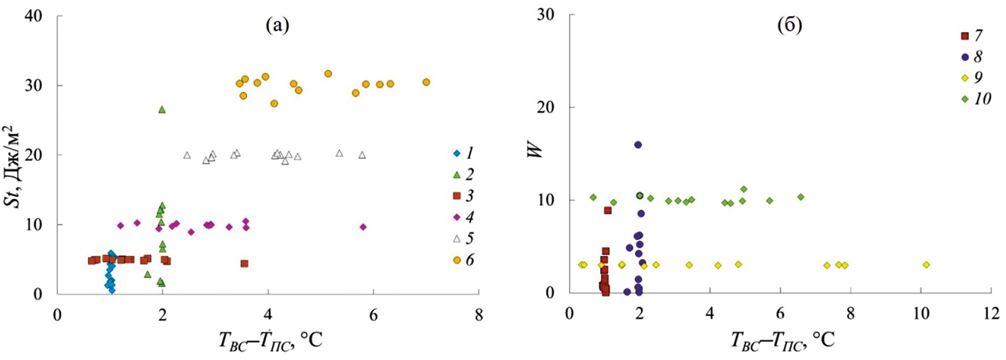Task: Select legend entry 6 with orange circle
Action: pyautogui.click(x=464, y=260)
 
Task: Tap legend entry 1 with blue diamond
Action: pyautogui.click(x=464, y=153)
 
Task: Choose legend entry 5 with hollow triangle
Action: pyautogui.click(x=464, y=239)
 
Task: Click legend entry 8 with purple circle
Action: pyautogui.click(x=971, y=57)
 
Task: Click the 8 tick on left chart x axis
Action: pyautogui.click(x=478, y=315)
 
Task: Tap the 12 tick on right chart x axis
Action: pyautogui.click(x=991, y=314)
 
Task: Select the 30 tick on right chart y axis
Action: pyautogui.click(x=546, y=15)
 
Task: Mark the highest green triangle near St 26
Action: pyautogui.click(x=162, y=109)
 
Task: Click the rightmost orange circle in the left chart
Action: pyautogui.click(x=426, y=82)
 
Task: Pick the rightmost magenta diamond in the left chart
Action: pyautogui.click(x=363, y=227)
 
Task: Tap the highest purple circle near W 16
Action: pyautogui.click(x=638, y=145)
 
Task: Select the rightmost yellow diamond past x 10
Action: pyautogui.click(x=926, y=265)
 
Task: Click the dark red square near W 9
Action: pyautogui.click(x=608, y=210)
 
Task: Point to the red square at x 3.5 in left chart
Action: pyautogui.click(x=244, y=263)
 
